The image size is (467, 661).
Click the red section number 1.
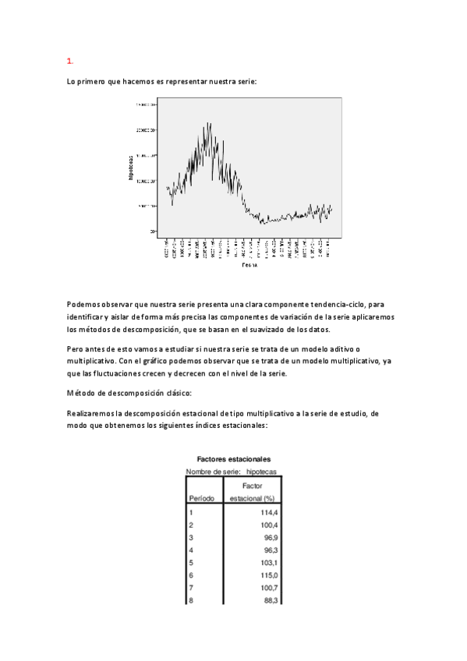69,60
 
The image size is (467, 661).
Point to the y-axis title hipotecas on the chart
131,168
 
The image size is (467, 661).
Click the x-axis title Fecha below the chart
249,266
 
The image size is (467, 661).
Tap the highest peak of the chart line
210,123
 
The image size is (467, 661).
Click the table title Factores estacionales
234,460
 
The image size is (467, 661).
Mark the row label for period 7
191,588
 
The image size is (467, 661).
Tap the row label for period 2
191,525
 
